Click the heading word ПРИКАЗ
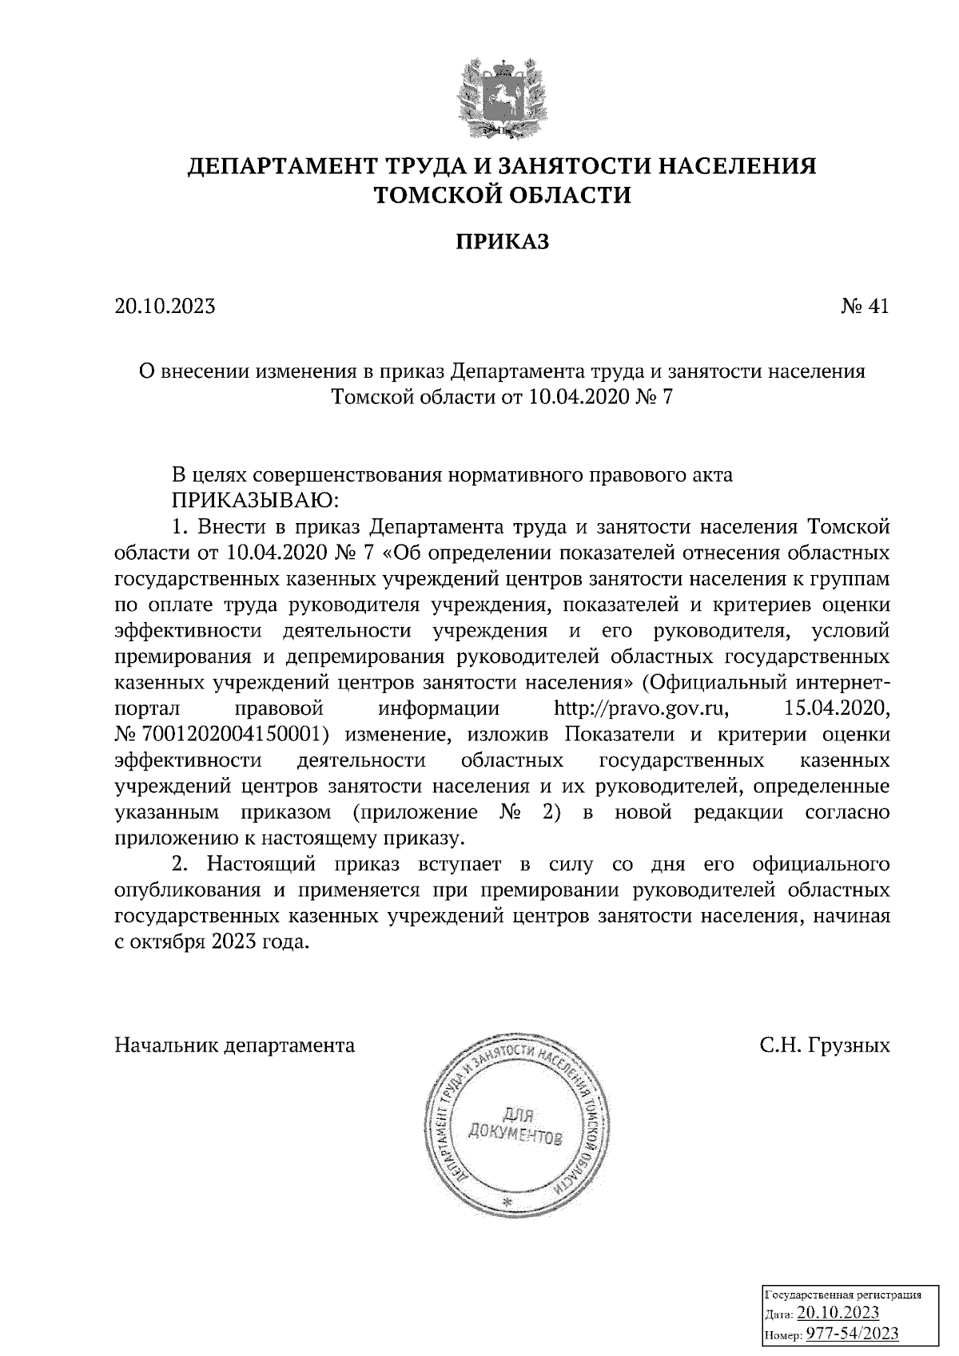503,240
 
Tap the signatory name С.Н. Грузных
825,1045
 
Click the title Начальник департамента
235,1045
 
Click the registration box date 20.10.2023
838,1314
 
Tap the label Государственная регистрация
844,1295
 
